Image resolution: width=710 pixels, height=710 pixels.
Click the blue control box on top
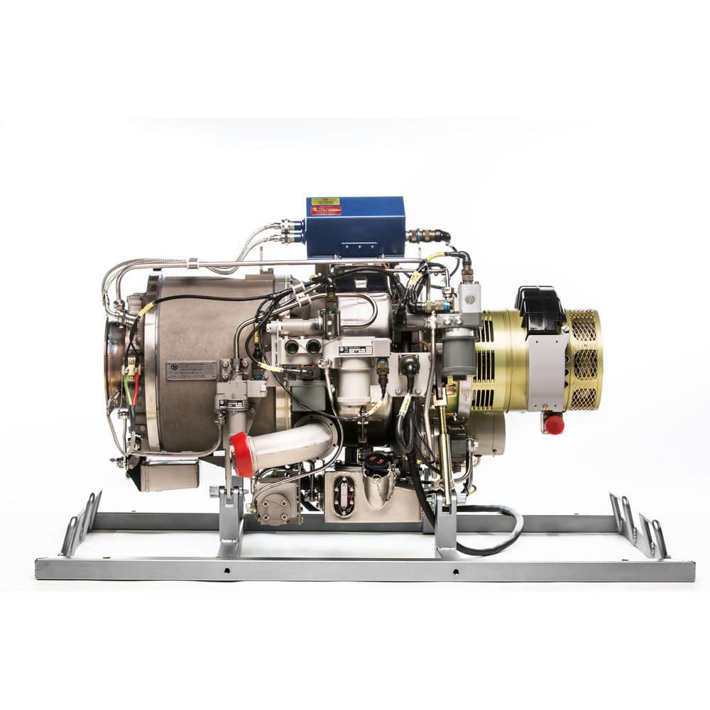(x=355, y=227)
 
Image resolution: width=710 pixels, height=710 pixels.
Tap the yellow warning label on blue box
(x=326, y=201)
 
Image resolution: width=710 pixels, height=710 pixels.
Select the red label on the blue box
(x=326, y=210)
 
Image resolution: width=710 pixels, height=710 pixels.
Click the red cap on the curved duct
(x=242, y=454)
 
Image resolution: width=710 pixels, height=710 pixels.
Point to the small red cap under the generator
(x=554, y=425)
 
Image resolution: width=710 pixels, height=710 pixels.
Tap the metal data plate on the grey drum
(x=191, y=370)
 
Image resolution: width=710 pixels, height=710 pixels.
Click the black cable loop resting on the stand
(x=497, y=532)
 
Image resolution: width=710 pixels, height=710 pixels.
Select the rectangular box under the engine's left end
(x=169, y=474)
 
